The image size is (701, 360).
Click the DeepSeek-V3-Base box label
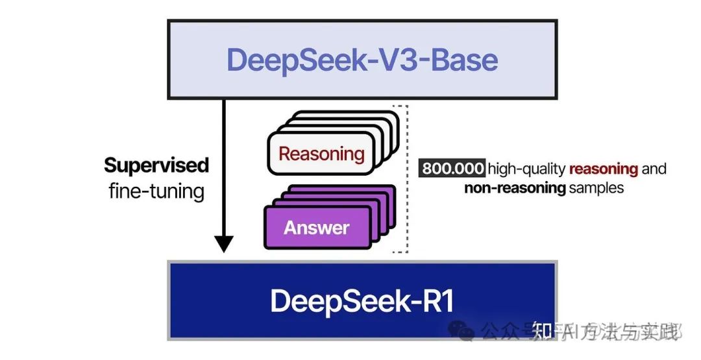point(362,60)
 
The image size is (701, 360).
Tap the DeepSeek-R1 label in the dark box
point(362,301)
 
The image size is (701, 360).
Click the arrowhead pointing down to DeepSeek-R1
point(224,244)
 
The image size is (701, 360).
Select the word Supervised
point(156,165)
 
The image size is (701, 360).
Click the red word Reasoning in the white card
point(321,154)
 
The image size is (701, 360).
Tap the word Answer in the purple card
point(316,228)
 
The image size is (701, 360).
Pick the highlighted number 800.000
point(453,169)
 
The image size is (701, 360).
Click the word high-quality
point(527,169)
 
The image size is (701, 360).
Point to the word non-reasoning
point(515,188)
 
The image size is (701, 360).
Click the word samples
point(596,188)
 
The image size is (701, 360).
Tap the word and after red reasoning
point(654,169)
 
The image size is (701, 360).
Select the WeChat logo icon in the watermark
point(466,333)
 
